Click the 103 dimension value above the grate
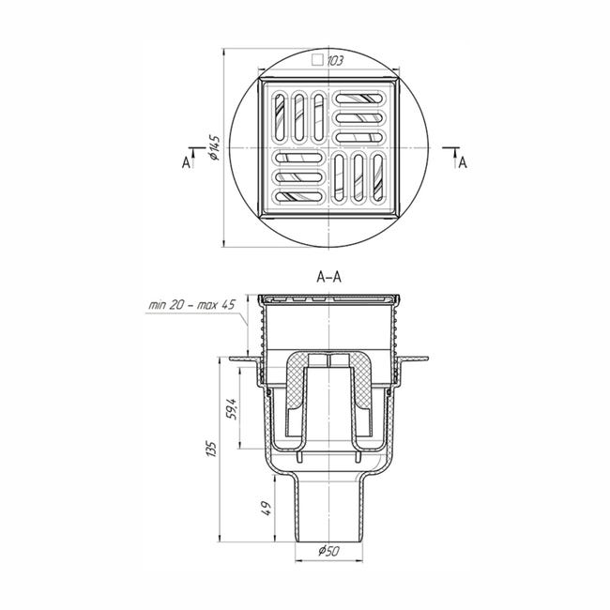335,61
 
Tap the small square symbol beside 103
318,60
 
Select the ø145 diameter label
215,148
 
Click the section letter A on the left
187,162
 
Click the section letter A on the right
462,162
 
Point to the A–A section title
329,277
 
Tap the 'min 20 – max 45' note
191,305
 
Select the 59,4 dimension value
231,408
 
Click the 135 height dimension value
211,449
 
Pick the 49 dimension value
267,508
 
